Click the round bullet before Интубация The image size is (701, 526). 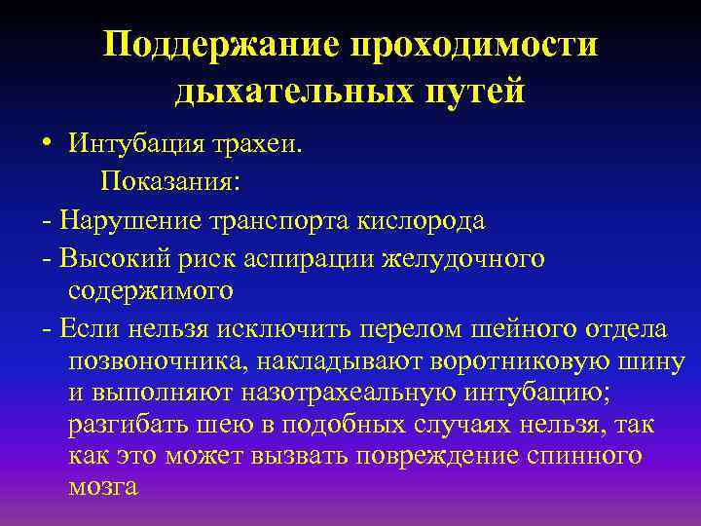(x=48, y=145)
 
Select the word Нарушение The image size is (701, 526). (x=129, y=219)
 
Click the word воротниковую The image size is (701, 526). (x=493, y=362)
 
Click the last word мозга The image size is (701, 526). (x=104, y=488)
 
